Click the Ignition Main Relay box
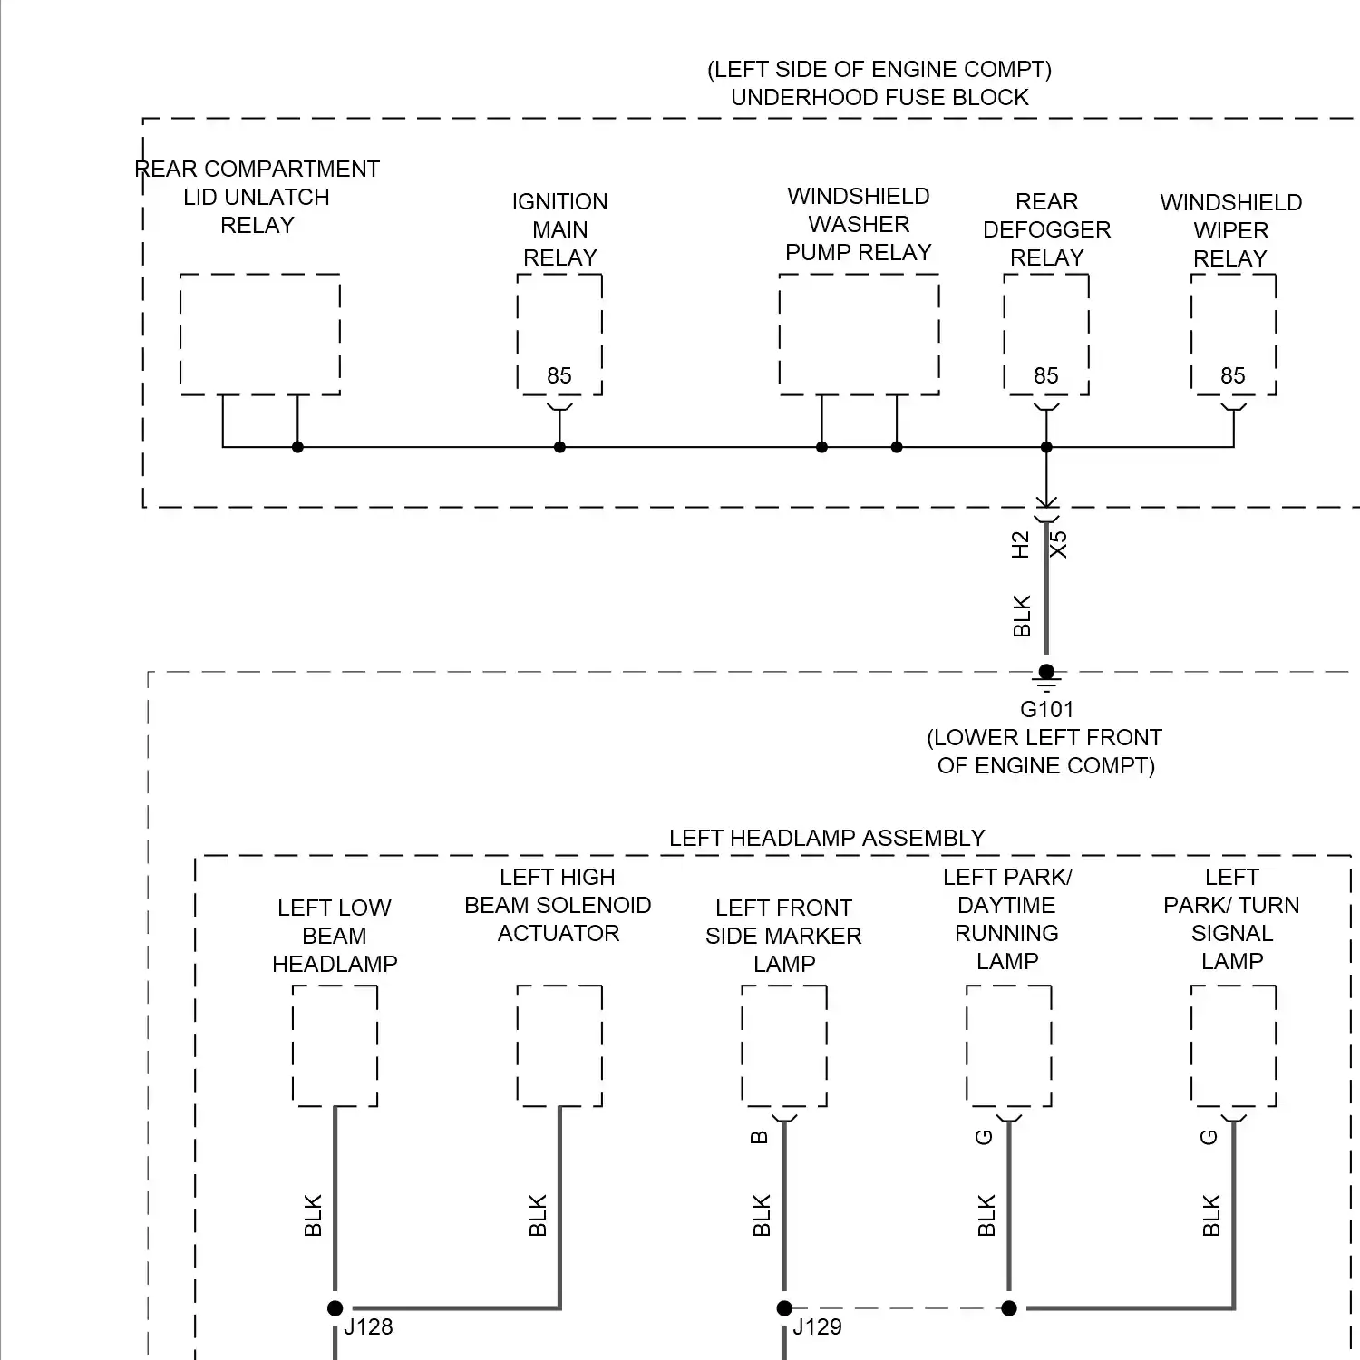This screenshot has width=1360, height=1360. pos(559,334)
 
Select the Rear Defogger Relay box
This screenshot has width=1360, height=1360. pos(1046,334)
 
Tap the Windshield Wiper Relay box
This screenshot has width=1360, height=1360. pos(1233,334)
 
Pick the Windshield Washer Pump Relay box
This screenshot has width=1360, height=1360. pos(859,334)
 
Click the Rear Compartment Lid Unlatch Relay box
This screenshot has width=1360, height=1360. pos(260,334)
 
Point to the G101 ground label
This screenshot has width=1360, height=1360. pos(1046,710)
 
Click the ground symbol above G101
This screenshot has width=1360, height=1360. pos(1046,675)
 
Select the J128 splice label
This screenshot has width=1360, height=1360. pos(368,1327)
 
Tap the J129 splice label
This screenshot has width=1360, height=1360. pos(817,1327)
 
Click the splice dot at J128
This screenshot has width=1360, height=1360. pos(335,1307)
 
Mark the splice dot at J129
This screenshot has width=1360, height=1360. pos(784,1307)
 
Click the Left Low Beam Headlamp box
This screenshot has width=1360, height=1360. pos(335,1045)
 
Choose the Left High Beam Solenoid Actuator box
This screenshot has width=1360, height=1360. pos(559,1045)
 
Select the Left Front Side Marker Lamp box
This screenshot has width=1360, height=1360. pos(784,1045)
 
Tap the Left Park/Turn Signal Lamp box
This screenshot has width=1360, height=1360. pos(1233,1045)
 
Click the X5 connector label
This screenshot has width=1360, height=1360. pos(1058,545)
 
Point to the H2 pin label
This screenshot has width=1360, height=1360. pos(1021,545)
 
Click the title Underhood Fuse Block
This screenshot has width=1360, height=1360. pos(879,98)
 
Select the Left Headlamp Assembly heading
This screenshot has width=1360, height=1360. pos(827,839)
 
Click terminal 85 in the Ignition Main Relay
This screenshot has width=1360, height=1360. pos(559,376)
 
